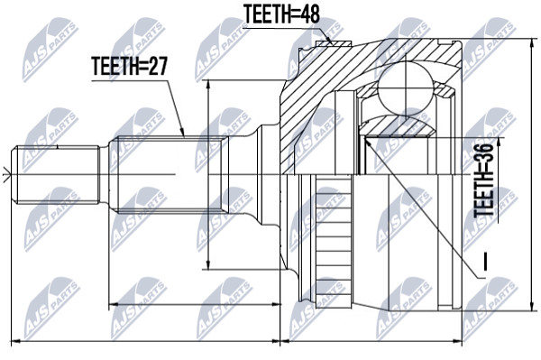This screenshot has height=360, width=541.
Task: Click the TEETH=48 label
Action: [282, 14]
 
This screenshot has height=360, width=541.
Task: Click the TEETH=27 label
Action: [129, 66]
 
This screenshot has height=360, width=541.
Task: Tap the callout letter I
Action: [485, 262]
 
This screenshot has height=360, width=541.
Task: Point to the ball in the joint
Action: [405, 88]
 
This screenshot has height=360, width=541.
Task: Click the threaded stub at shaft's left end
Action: [55, 175]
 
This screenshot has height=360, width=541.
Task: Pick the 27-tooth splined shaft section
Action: [169, 174]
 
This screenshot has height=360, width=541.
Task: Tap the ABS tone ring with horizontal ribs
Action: [334, 241]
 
